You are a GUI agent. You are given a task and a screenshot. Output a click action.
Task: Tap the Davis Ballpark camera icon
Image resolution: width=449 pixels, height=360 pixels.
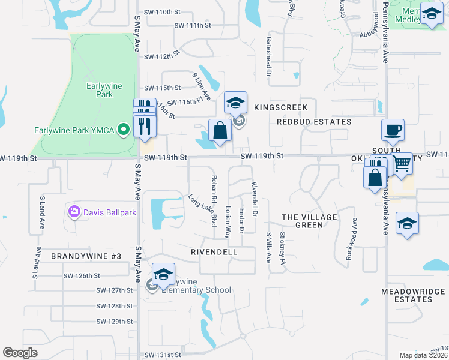click(74, 211)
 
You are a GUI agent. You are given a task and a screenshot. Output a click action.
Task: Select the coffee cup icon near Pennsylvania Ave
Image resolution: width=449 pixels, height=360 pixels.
click(393, 130)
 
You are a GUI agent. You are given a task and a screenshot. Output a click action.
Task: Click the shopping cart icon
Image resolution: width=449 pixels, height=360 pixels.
click(402, 163)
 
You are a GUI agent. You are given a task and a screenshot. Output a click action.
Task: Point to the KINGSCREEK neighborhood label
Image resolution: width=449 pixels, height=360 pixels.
click(280, 107)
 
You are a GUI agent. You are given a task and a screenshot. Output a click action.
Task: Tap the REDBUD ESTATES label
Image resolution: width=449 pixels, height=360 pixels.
click(314, 122)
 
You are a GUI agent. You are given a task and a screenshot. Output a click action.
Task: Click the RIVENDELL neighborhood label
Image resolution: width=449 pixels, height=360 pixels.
click(214, 253)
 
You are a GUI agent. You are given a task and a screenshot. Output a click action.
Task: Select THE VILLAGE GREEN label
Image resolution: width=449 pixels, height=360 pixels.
click(309, 221)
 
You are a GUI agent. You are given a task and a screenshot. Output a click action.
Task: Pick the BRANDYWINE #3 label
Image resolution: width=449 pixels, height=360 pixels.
click(86, 256)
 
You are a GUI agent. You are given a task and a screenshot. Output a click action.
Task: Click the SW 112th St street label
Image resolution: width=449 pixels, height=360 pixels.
click(163, 56)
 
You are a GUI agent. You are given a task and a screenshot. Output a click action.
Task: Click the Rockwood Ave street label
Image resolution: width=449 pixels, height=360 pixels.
click(351, 238)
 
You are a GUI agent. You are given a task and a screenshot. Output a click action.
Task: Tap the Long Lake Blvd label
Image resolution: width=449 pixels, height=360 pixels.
click(202, 210)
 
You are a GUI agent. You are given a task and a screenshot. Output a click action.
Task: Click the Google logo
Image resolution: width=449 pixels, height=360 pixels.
click(20, 353)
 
